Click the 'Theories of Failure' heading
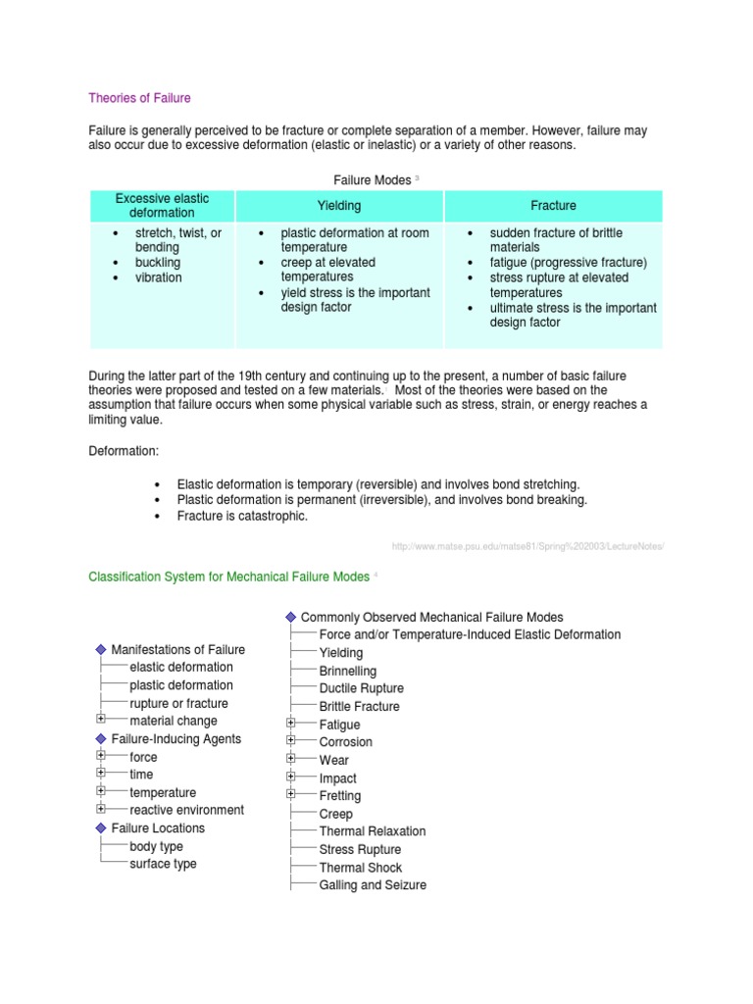[x=139, y=98]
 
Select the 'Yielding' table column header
[x=339, y=206]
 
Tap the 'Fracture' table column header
[x=553, y=206]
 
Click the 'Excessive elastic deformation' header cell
[x=162, y=206]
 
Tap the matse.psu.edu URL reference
[x=527, y=546]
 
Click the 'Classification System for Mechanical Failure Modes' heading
[x=228, y=577]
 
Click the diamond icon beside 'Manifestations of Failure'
[x=100, y=650]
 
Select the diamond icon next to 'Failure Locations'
[x=100, y=828]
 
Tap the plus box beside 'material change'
[x=101, y=720]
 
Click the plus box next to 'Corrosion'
[x=291, y=741]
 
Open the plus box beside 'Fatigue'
[x=291, y=724]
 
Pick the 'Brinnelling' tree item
[x=347, y=671]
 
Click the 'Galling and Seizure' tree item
[x=373, y=884]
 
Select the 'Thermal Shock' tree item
[x=360, y=867]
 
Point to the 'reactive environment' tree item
[x=186, y=810]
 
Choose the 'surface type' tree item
[x=163, y=864]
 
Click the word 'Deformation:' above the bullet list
[x=124, y=452]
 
